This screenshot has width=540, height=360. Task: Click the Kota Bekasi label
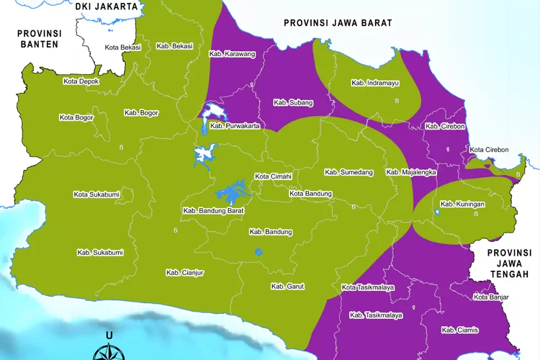click(x=122, y=48)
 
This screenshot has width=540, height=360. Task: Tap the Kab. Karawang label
click(x=232, y=54)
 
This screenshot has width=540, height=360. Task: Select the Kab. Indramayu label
click(x=374, y=83)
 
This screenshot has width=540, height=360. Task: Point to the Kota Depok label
click(x=81, y=81)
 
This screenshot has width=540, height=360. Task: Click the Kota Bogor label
click(x=76, y=117)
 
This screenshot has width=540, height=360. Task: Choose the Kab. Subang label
click(x=293, y=103)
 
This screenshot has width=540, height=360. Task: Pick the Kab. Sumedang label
click(x=348, y=172)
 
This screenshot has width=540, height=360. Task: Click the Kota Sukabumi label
click(x=96, y=194)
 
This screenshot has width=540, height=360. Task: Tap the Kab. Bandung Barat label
click(x=214, y=211)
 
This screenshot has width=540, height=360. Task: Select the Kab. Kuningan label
click(x=462, y=204)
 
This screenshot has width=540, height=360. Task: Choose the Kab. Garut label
click(x=287, y=287)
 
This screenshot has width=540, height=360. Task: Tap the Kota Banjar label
click(x=491, y=297)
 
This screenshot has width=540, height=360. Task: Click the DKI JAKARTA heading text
click(x=106, y=6)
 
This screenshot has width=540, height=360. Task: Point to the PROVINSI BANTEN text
click(x=40, y=39)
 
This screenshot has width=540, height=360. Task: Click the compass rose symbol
click(x=109, y=351)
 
